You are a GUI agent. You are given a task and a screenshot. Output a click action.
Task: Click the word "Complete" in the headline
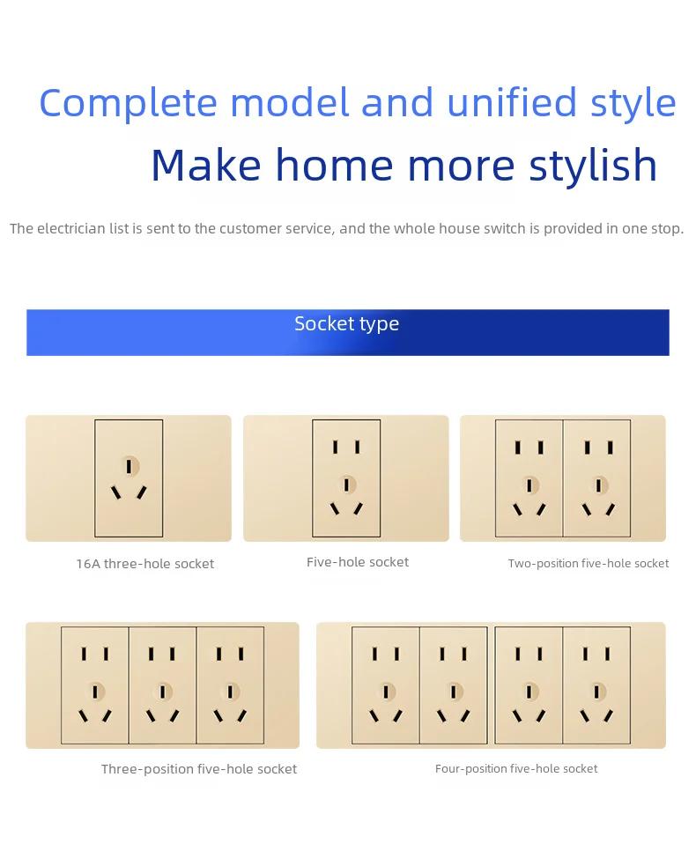(x=128, y=103)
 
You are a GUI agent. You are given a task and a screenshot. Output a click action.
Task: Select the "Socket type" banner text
(x=346, y=324)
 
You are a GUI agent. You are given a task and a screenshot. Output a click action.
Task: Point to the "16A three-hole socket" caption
(x=144, y=564)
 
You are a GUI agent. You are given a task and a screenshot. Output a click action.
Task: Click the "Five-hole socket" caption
(x=358, y=562)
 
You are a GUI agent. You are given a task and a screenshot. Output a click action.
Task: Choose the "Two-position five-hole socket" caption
(x=589, y=564)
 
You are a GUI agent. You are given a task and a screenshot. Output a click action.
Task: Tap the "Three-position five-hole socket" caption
(x=198, y=769)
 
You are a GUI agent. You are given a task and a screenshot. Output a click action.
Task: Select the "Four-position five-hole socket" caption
(x=516, y=768)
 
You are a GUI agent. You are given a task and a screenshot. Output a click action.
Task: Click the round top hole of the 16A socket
(x=130, y=466)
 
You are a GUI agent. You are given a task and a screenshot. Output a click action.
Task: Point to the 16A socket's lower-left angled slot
(x=115, y=492)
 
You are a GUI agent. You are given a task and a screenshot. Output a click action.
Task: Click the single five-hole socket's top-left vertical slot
(x=335, y=447)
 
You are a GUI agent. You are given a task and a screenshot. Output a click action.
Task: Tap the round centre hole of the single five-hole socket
(x=347, y=485)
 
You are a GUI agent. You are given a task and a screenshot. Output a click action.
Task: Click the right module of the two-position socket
(x=597, y=478)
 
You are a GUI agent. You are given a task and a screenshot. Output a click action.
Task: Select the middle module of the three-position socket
(x=163, y=685)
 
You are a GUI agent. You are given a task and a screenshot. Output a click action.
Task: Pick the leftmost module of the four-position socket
(x=386, y=685)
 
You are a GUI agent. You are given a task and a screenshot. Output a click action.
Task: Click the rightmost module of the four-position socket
(x=596, y=685)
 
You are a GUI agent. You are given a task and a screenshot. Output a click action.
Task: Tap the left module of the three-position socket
(x=95, y=685)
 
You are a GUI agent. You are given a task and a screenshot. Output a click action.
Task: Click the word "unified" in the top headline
(x=511, y=102)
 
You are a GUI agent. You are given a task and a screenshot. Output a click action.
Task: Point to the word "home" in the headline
(x=334, y=165)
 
